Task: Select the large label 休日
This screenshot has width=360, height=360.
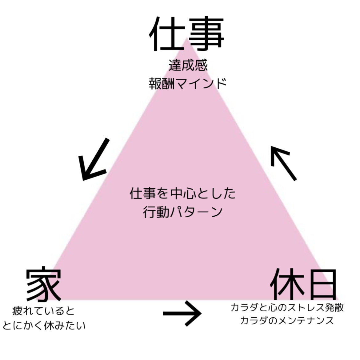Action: pos(303,285)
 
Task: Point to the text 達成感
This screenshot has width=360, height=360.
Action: pos(188,65)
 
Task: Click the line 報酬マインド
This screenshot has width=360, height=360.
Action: pos(188,83)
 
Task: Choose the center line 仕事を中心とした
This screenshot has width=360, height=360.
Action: pos(183,194)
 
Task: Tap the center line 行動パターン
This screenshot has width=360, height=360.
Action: pos(183,212)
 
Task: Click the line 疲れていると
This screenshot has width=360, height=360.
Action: pos(43,311)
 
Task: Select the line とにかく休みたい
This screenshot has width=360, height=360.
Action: pos(44,326)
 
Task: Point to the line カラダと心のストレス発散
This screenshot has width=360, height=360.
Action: pos(287,307)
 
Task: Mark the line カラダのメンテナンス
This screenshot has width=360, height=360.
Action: pos(287,321)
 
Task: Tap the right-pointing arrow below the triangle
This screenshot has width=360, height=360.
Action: pos(182,314)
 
